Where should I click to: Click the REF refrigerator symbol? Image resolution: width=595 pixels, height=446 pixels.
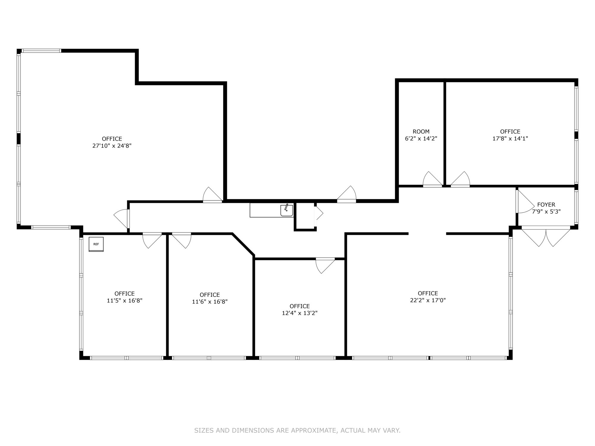[96, 244]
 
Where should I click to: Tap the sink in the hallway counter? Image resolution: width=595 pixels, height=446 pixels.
[287, 210]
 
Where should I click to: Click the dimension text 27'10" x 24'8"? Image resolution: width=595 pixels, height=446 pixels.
[112, 146]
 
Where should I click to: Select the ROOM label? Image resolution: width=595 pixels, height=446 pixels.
[421, 131]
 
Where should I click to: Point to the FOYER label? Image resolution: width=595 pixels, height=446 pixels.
[546, 205]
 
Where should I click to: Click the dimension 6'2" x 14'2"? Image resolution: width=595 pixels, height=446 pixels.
[421, 139]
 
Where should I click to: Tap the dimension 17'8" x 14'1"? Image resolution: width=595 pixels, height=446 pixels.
[510, 139]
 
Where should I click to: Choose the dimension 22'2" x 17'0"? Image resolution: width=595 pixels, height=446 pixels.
[428, 300]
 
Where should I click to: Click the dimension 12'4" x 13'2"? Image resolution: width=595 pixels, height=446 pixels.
[300, 313]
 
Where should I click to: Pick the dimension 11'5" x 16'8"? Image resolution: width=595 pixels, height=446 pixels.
[125, 301]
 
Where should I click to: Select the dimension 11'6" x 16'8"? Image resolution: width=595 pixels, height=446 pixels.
[210, 302]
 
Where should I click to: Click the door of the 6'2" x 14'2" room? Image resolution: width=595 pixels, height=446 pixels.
[433, 179]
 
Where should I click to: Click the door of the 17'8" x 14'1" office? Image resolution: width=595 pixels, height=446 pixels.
[460, 179]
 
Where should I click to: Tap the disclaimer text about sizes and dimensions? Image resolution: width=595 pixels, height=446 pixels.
[297, 431]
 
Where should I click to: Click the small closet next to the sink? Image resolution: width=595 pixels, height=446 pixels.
[305, 216]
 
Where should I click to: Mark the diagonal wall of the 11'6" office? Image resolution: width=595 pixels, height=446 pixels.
[243, 244]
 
